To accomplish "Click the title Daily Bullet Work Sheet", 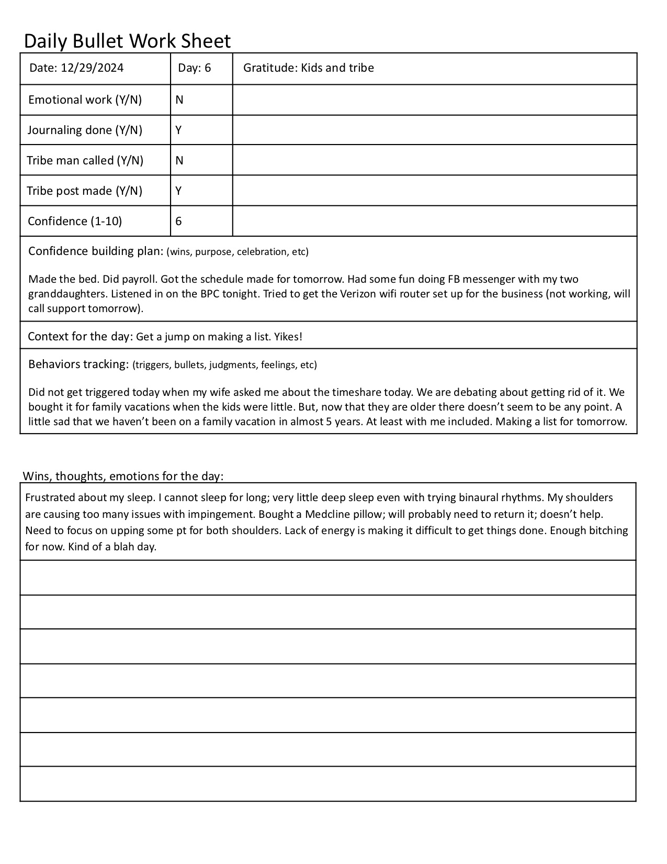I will tap(127, 41).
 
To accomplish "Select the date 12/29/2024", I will tap(92, 68).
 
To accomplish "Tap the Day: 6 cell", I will tap(195, 68).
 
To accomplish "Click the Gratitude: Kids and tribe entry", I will tap(309, 68).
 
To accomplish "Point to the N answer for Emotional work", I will tap(179, 100).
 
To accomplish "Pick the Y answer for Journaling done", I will tap(179, 130).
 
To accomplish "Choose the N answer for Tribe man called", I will tap(179, 161).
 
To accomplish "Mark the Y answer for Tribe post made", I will tap(179, 191).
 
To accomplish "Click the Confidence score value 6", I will tap(179, 221).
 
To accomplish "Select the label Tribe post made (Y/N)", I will tap(85, 191).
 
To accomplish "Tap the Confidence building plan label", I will tap(96, 251).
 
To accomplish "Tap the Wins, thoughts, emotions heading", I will tap(123, 476).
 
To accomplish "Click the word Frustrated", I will tap(51, 497).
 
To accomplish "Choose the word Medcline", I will tap(325, 514).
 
